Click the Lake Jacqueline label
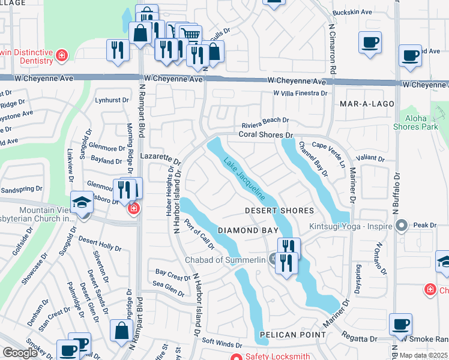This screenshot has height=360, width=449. (244, 179)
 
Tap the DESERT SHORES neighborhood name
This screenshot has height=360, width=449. (279, 211)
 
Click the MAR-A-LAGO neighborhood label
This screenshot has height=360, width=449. (367, 104)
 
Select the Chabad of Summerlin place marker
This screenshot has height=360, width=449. (274, 260)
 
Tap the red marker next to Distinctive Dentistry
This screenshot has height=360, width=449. (61, 56)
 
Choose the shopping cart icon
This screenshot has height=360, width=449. (191, 35)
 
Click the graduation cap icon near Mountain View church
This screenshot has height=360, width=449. (81, 203)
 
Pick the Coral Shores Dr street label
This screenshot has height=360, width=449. (265, 135)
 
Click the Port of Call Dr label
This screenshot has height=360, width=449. (200, 233)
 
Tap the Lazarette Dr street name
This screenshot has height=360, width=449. (160, 158)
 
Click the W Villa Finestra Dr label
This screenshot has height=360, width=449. (300, 94)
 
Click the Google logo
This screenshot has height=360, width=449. (19, 353)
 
